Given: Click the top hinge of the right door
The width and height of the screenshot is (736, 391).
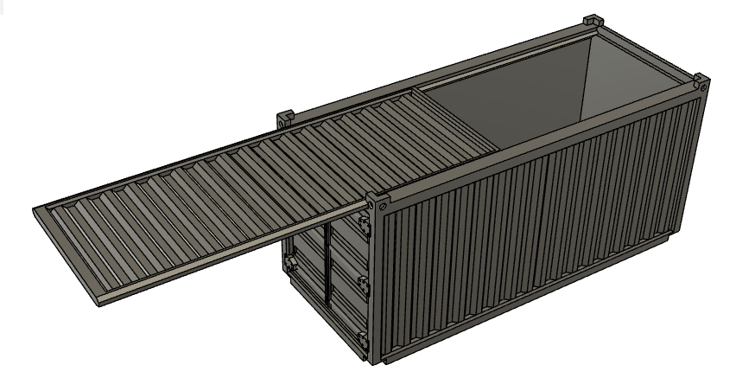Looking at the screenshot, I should click(364, 228).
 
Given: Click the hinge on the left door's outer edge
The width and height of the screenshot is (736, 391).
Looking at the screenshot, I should click(289, 262).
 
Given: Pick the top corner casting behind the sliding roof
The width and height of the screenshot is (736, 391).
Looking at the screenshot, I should click(285, 115).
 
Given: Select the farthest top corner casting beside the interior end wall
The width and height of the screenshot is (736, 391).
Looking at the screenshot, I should click(593, 20).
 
